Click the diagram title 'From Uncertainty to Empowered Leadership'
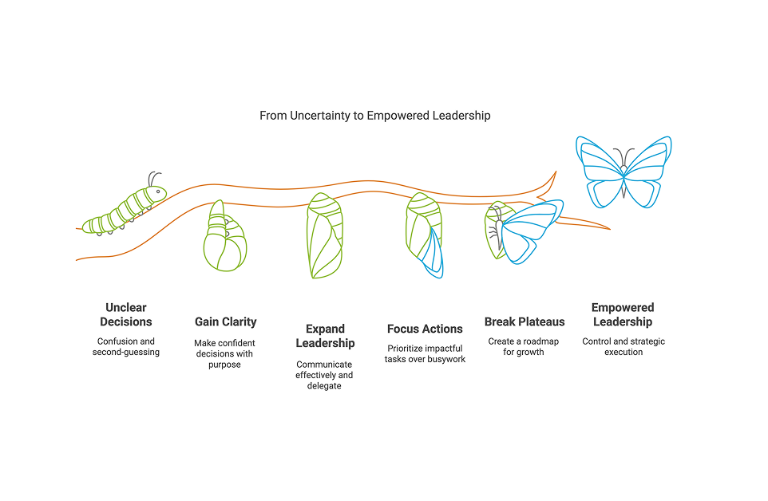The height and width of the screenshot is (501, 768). coord(374,116)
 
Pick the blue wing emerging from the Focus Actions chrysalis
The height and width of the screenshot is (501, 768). coord(433,252)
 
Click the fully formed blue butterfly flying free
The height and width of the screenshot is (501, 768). coord(624,171)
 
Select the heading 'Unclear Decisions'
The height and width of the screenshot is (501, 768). coord(126,314)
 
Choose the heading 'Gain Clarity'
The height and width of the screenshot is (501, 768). coord(226,322)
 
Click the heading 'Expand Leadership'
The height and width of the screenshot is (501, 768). coord(326,336)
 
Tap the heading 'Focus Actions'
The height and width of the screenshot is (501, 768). coord(425,329)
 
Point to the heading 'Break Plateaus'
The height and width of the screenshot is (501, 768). coord(525,322)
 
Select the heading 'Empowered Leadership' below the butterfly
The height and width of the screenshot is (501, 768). coord(623,314)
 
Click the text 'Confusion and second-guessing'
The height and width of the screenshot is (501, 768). coord(126,347)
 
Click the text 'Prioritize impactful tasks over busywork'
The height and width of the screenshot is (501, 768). coord(425,353)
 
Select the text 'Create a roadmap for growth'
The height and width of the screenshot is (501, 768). coord(524,346)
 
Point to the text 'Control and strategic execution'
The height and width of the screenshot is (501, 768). coord(624,346)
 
